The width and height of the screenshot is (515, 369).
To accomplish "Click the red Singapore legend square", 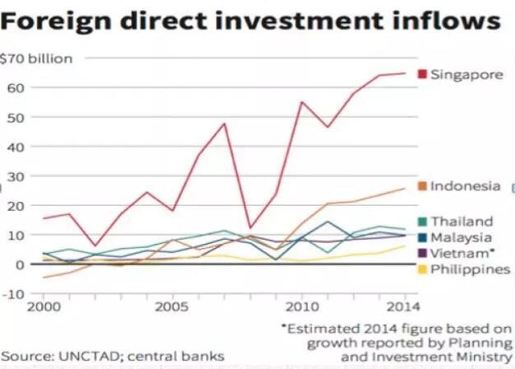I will [422, 74].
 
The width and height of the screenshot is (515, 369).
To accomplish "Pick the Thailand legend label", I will [462, 222].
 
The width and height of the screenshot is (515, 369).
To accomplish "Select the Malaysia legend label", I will [462, 237].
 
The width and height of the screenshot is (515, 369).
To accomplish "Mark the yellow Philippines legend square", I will [422, 269].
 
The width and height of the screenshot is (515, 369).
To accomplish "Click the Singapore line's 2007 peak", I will [224, 124].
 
